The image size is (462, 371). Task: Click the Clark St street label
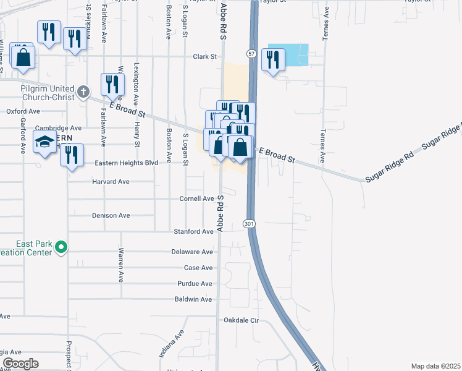pyautogui.click(x=205, y=56)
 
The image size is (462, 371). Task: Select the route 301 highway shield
pyautogui.click(x=248, y=223)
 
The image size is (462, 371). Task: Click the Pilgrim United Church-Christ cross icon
pyautogui.click(x=84, y=93)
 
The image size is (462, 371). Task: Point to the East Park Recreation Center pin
pyautogui.click(x=61, y=248)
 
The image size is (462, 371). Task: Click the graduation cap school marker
pyautogui.click(x=44, y=143)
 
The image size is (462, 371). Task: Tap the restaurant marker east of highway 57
pyautogui.click(x=272, y=60)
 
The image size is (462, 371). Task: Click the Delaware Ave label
pyautogui.click(x=192, y=252)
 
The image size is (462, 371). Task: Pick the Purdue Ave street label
pyautogui.click(x=195, y=284)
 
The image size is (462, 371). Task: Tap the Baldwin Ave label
pyautogui.click(x=193, y=299)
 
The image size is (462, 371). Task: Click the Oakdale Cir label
pyautogui.click(x=240, y=320)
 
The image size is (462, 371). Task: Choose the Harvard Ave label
pyautogui.click(x=111, y=182)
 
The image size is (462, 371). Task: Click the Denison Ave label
pyautogui.click(x=111, y=215)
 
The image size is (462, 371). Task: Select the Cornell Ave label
pyautogui.click(x=196, y=198)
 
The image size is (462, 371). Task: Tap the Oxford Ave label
pyautogui.click(x=23, y=111)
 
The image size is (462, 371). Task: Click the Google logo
pyautogui.click(x=20, y=363)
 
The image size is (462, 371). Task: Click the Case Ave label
pyautogui.click(x=198, y=268)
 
